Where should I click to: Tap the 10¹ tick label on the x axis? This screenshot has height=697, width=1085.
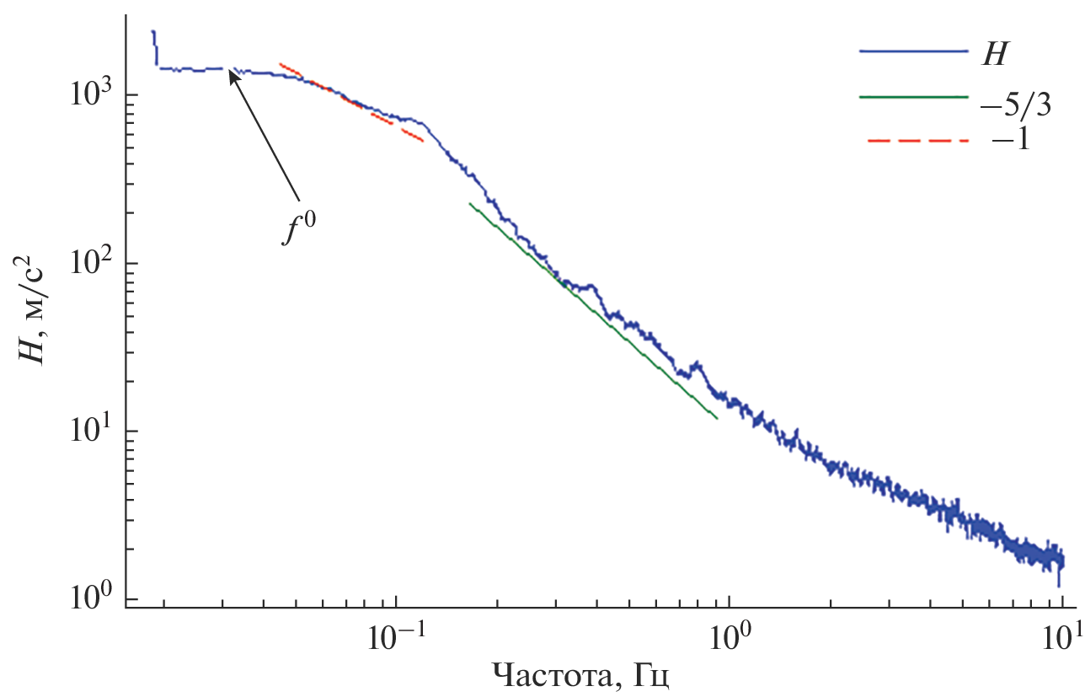point(1062,639)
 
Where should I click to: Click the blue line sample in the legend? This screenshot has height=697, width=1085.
point(913,52)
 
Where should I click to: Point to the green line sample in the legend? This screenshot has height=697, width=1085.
point(913,97)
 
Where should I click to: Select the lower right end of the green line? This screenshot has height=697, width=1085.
point(716,417)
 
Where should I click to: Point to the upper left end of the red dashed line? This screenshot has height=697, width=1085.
point(281,64)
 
